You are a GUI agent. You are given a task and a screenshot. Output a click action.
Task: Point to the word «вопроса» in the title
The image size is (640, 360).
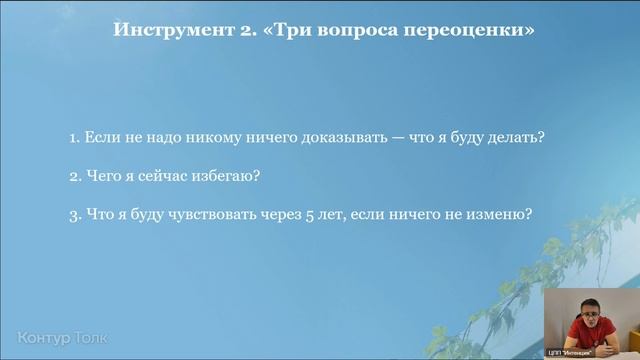point(383,30)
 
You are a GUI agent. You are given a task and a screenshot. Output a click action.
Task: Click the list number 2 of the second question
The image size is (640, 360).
point(75,176)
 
